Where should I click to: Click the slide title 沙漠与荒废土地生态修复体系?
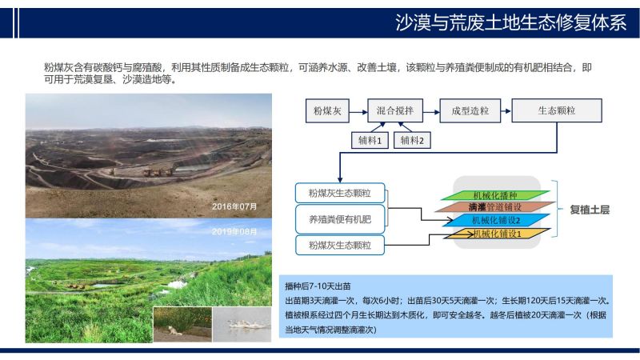click(510, 22)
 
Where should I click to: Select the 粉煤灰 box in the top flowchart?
click(327, 110)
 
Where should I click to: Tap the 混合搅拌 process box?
click(395, 110)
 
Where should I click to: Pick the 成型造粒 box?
click(470, 110)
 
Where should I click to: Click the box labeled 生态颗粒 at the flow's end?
click(557, 110)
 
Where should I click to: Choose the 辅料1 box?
click(370, 141)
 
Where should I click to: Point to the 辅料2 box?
click(412, 141)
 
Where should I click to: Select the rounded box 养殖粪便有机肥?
click(340, 219)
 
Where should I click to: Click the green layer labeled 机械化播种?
click(495, 195)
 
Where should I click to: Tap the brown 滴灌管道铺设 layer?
click(495, 207)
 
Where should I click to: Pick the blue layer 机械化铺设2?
click(496, 221)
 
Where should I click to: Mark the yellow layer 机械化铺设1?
click(497, 234)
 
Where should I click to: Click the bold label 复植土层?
click(590, 210)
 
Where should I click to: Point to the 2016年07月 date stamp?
click(234, 206)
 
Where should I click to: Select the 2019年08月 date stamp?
click(234, 232)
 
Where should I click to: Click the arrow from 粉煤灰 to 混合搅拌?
click(358, 112)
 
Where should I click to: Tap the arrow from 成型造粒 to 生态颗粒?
click(506, 111)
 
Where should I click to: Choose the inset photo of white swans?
click(242, 325)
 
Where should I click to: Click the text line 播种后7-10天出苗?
click(318, 286)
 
